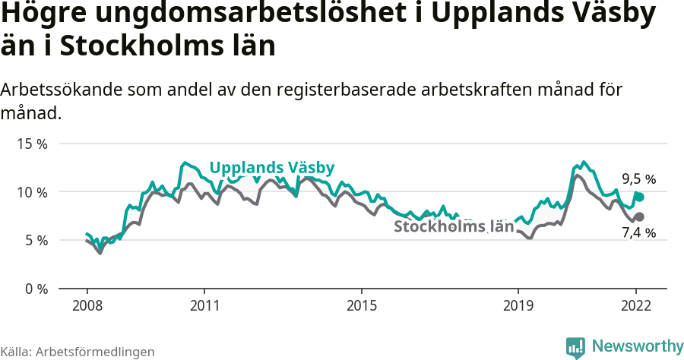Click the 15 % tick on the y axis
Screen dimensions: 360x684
tap(33, 144)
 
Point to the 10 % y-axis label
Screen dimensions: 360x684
tap(33, 192)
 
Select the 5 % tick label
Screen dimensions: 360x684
tap(36, 241)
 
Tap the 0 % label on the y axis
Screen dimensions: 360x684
tap(36, 289)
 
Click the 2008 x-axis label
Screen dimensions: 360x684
tap(87, 306)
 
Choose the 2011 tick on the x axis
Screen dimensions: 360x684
tap(204, 306)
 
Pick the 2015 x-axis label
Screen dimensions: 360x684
tap(362, 306)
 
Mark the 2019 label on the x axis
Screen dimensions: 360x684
tap(518, 306)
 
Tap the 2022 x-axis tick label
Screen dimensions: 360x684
tap(636, 306)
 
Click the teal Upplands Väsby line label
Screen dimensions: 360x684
tap(271, 168)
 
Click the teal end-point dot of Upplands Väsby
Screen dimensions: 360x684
tap(640, 197)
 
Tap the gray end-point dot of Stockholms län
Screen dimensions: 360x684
tap(640, 217)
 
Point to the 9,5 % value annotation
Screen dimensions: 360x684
tap(638, 180)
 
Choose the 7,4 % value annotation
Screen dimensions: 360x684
tap(638, 233)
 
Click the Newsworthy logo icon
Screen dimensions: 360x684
tap(575, 347)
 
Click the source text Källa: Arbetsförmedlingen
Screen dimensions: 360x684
tap(78, 352)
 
